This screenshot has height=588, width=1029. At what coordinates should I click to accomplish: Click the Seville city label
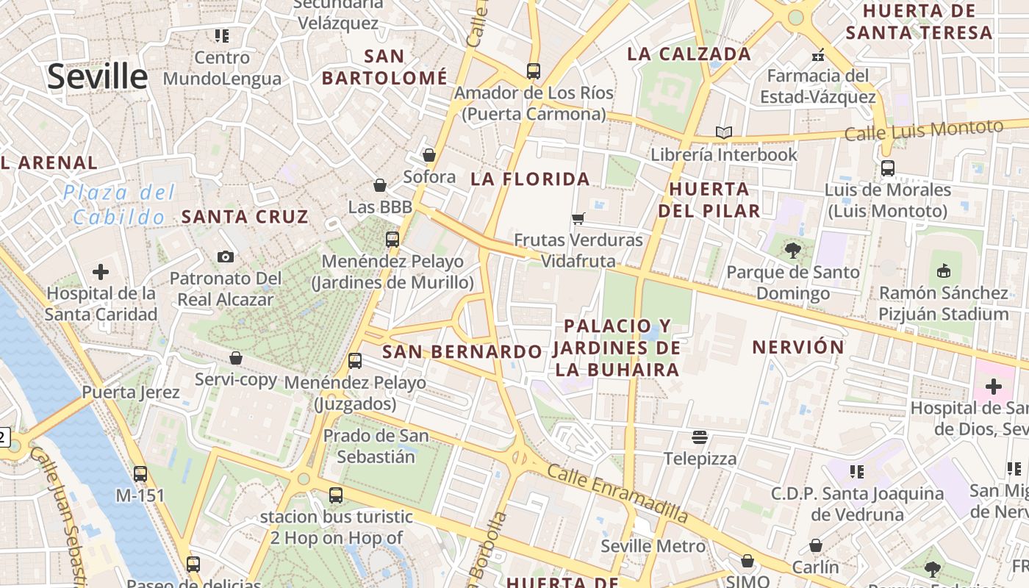(98, 76)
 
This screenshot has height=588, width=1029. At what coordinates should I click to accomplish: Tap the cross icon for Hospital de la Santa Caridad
(101, 272)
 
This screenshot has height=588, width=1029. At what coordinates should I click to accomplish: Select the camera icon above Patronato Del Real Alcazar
(226, 257)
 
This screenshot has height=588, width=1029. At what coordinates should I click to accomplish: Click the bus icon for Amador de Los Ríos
(534, 71)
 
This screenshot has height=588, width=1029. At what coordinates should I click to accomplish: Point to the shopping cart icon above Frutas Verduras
(578, 218)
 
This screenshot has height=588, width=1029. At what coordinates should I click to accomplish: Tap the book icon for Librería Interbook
(724, 132)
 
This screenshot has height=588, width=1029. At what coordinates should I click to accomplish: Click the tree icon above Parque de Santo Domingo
(792, 251)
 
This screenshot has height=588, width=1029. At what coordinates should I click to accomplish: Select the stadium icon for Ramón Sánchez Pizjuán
(944, 271)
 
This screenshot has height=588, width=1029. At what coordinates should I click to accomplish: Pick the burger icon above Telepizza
(699, 437)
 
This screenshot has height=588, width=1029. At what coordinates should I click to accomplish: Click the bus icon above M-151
(140, 474)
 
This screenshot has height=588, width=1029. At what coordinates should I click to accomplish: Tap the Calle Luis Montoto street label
(923, 130)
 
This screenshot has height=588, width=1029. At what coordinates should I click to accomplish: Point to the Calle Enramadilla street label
(617, 493)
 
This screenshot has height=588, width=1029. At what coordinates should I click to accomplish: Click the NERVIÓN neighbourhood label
(798, 347)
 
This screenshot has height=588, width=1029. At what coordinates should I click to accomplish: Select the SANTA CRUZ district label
(245, 217)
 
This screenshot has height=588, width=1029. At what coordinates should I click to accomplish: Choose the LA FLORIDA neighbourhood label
(530, 179)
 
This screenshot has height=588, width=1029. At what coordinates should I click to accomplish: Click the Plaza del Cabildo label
(119, 205)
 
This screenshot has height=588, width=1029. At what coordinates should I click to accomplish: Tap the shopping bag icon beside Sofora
(429, 155)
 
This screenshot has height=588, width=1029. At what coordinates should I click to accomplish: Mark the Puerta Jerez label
(131, 392)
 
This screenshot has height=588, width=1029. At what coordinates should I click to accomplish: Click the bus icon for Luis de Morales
(888, 168)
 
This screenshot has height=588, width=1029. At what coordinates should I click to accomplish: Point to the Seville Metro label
(653, 546)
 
